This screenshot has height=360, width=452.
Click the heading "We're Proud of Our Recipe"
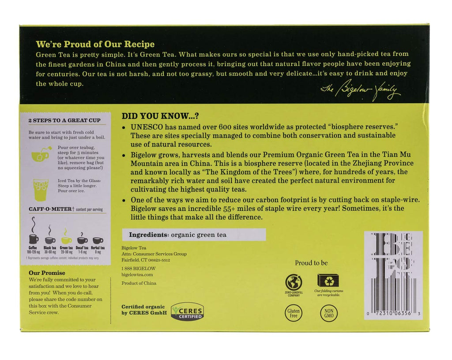point(95,44)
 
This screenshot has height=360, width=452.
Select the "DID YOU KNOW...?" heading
point(160,116)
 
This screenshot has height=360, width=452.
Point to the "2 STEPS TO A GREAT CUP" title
point(64,120)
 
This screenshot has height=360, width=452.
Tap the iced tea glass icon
point(41,188)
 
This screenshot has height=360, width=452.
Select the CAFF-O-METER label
point(50,209)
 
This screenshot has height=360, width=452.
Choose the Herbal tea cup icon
point(98,240)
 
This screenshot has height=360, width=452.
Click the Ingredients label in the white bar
point(148,235)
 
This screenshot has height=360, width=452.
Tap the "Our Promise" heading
point(47,273)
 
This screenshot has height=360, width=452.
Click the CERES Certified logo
point(188,311)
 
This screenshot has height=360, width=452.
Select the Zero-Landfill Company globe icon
point(294,282)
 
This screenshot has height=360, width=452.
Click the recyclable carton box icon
point(328,280)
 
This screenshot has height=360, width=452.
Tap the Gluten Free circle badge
point(294,313)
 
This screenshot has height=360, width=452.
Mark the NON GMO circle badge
point(328,313)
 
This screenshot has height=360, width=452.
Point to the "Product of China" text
point(139,283)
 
